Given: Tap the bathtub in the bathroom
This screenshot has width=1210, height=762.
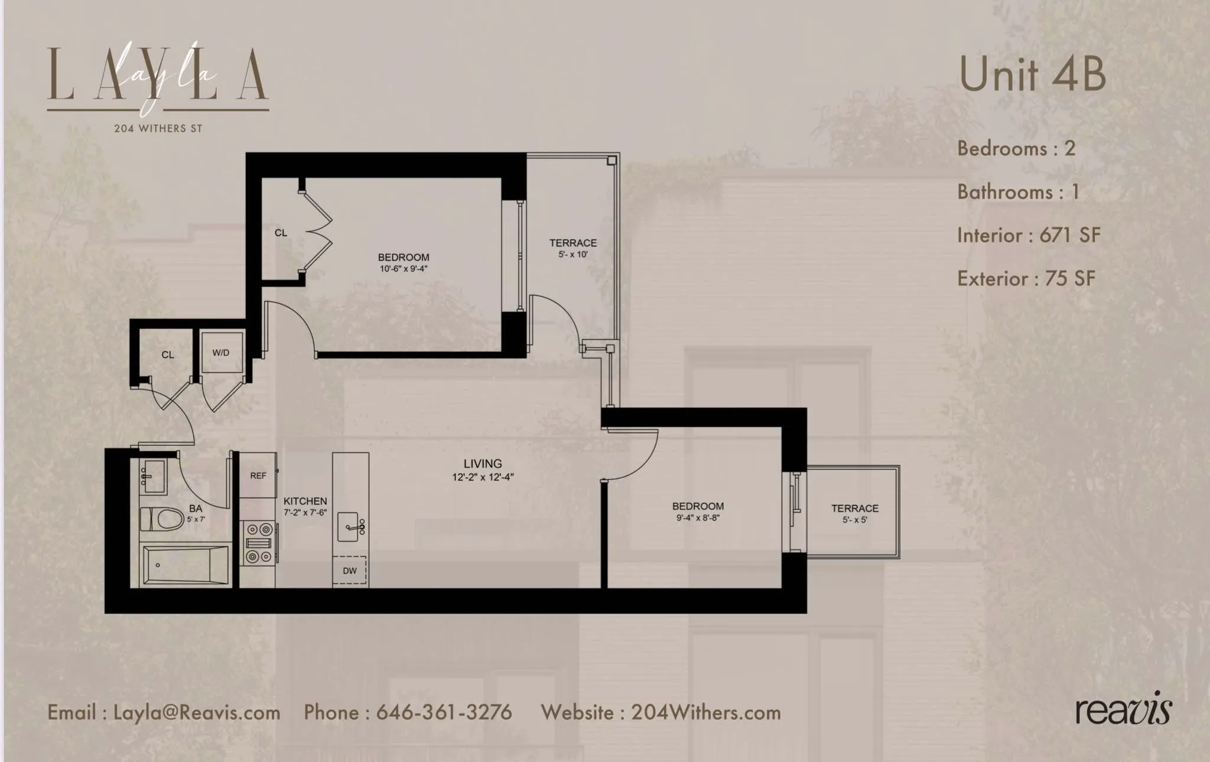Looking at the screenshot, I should click(186, 565).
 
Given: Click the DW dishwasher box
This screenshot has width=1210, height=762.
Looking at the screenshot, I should click(350, 571).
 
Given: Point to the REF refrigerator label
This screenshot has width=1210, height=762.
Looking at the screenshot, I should click(258, 476).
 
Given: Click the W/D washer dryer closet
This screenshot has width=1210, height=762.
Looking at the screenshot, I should click(222, 353).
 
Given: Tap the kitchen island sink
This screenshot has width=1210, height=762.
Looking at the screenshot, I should click(351, 526).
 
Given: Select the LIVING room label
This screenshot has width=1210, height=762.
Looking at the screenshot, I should click(483, 464).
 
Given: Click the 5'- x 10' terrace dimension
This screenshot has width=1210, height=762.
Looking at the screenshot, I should click(573, 255).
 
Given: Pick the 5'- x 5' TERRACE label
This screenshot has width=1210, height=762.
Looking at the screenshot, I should click(854, 509).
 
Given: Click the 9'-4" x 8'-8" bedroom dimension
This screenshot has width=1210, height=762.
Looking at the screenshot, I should click(698, 518).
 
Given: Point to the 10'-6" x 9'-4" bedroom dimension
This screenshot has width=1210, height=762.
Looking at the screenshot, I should click(404, 269).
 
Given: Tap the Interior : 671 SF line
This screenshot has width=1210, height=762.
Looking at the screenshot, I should click(1029, 235).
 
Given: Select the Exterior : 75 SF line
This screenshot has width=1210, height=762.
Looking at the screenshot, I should click(1026, 278).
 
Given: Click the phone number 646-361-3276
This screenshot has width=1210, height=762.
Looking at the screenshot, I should click(444, 712).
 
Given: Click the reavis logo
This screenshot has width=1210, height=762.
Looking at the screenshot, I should click(1123, 709).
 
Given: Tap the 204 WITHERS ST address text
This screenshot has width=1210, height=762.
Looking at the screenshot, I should click(158, 128).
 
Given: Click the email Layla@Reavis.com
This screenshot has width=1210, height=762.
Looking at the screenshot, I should click(197, 712).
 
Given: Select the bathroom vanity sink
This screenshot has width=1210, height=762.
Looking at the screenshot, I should click(153, 476).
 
